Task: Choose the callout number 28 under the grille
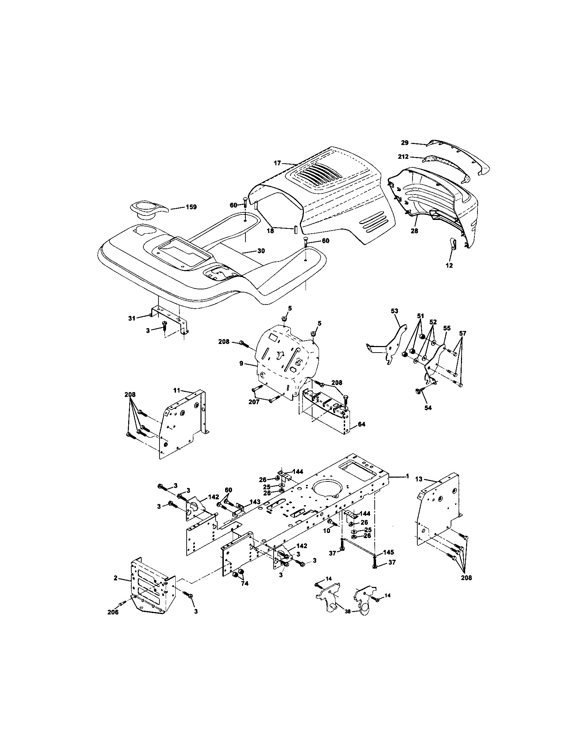pos(414,231)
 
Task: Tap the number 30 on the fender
pos(261,251)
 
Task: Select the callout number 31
pos(132,318)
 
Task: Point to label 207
pos(254,402)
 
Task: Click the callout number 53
pos(395,311)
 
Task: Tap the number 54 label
pos(428,408)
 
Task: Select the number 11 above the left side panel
pos(177,390)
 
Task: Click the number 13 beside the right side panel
pos(419,479)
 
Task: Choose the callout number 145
pos(388,552)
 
